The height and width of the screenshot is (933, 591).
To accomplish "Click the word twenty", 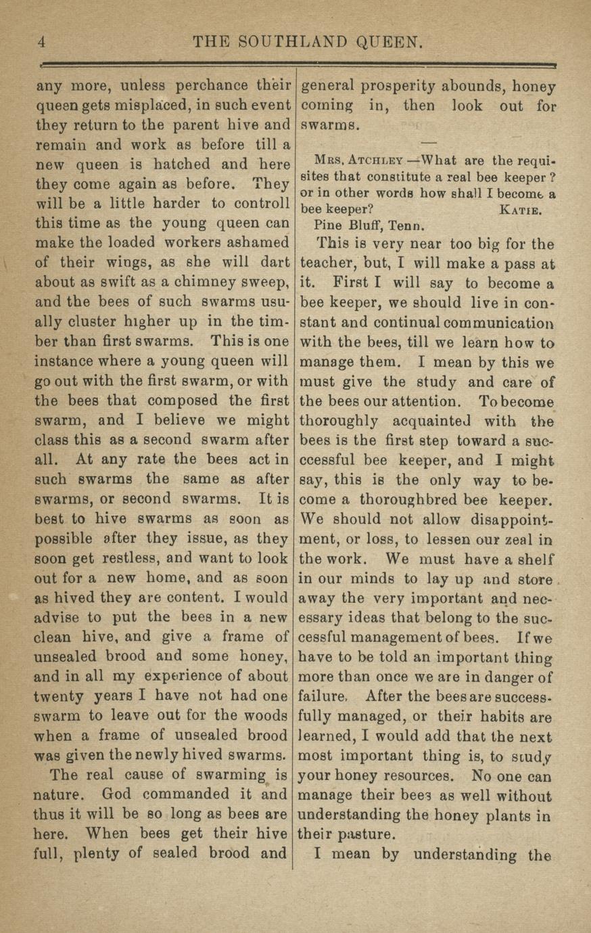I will (59, 697).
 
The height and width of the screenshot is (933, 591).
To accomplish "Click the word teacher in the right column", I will (327, 264).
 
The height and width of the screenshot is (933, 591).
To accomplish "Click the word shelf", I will (536, 560).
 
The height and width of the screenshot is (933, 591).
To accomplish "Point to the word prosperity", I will (402, 87).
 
